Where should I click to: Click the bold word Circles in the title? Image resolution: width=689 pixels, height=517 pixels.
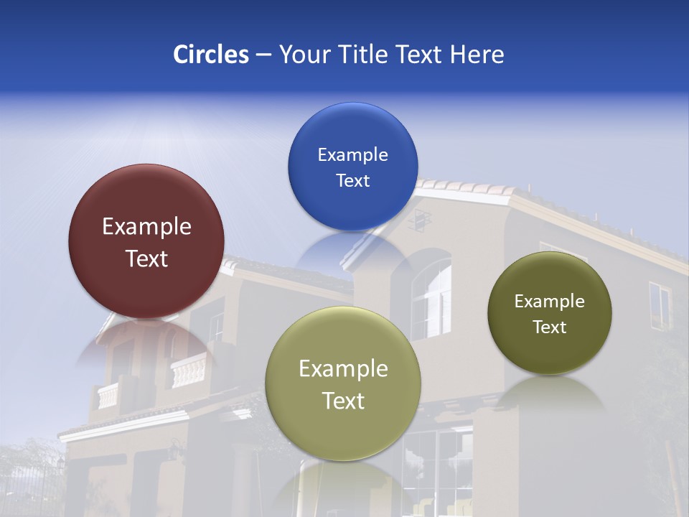click(x=211, y=55)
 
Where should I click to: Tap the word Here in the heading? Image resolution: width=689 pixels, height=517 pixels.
click(x=477, y=55)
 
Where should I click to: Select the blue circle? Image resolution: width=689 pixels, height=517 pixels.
click(x=352, y=167)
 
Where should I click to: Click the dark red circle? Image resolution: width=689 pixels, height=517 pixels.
click(x=146, y=241)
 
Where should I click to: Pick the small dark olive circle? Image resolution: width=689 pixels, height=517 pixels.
click(x=550, y=313)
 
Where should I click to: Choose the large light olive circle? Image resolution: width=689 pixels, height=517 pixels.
click(x=343, y=383)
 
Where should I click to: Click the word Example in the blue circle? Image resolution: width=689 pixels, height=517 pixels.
click(x=352, y=154)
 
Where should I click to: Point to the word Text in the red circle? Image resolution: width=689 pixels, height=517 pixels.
click(x=146, y=258)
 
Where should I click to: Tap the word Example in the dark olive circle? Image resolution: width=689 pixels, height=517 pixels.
click(x=550, y=301)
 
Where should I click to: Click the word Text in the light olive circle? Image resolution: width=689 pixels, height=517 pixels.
click(x=343, y=401)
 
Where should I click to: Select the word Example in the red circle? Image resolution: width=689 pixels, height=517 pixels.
click(x=146, y=227)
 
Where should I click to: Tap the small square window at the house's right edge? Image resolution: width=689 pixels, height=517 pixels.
click(x=659, y=304)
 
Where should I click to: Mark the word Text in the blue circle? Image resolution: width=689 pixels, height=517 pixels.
click(x=352, y=180)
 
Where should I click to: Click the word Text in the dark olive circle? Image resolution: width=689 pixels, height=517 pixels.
click(x=550, y=327)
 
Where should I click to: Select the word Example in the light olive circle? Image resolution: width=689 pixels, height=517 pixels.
click(x=343, y=369)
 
